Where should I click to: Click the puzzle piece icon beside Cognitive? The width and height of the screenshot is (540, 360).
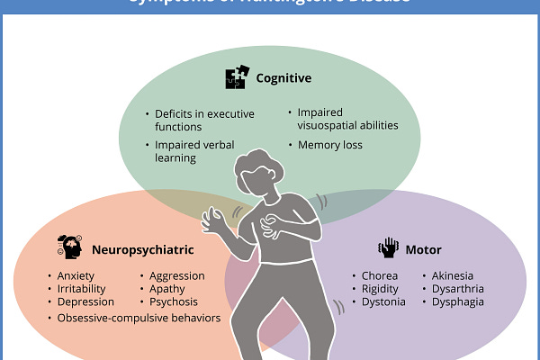[235, 78]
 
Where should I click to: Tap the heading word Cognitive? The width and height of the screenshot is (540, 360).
[283, 78]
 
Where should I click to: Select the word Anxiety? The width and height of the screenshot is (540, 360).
[77, 275]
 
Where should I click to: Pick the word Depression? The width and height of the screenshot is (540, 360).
[85, 302]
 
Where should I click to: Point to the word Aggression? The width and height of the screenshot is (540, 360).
[177, 275]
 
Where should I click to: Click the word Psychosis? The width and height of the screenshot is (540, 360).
[175, 302]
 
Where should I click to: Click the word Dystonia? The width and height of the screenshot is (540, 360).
[383, 302]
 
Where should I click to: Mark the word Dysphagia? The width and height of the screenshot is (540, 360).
[462, 302]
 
